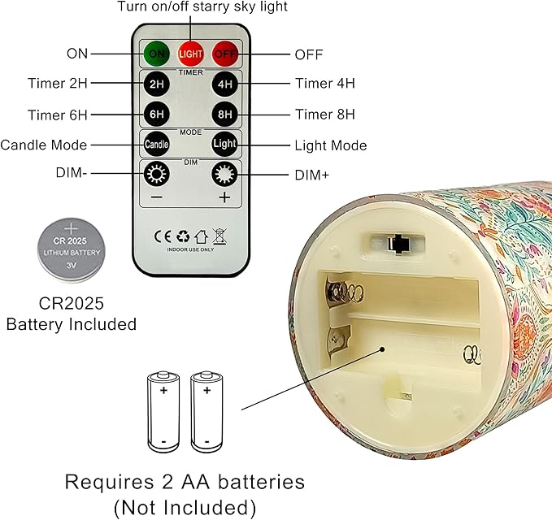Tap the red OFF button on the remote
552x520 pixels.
[225, 54]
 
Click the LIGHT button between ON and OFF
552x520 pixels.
[190, 54]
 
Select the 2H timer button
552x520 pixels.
[157, 84]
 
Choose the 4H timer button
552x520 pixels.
[224, 84]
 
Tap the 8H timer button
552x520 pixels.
[224, 114]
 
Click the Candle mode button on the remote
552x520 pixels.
[157, 144]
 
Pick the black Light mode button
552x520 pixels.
[224, 144]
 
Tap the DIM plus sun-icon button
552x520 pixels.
[224, 174]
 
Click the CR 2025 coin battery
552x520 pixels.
[72, 250]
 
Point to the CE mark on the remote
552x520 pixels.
[163, 236]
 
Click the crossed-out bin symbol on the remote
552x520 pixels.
[220, 236]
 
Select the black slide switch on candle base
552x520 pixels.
[398, 244]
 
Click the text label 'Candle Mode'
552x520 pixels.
[44, 145]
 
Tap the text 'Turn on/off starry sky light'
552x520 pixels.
[202, 6]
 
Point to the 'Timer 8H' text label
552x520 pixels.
[325, 115]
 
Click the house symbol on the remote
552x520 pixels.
[201, 236]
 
